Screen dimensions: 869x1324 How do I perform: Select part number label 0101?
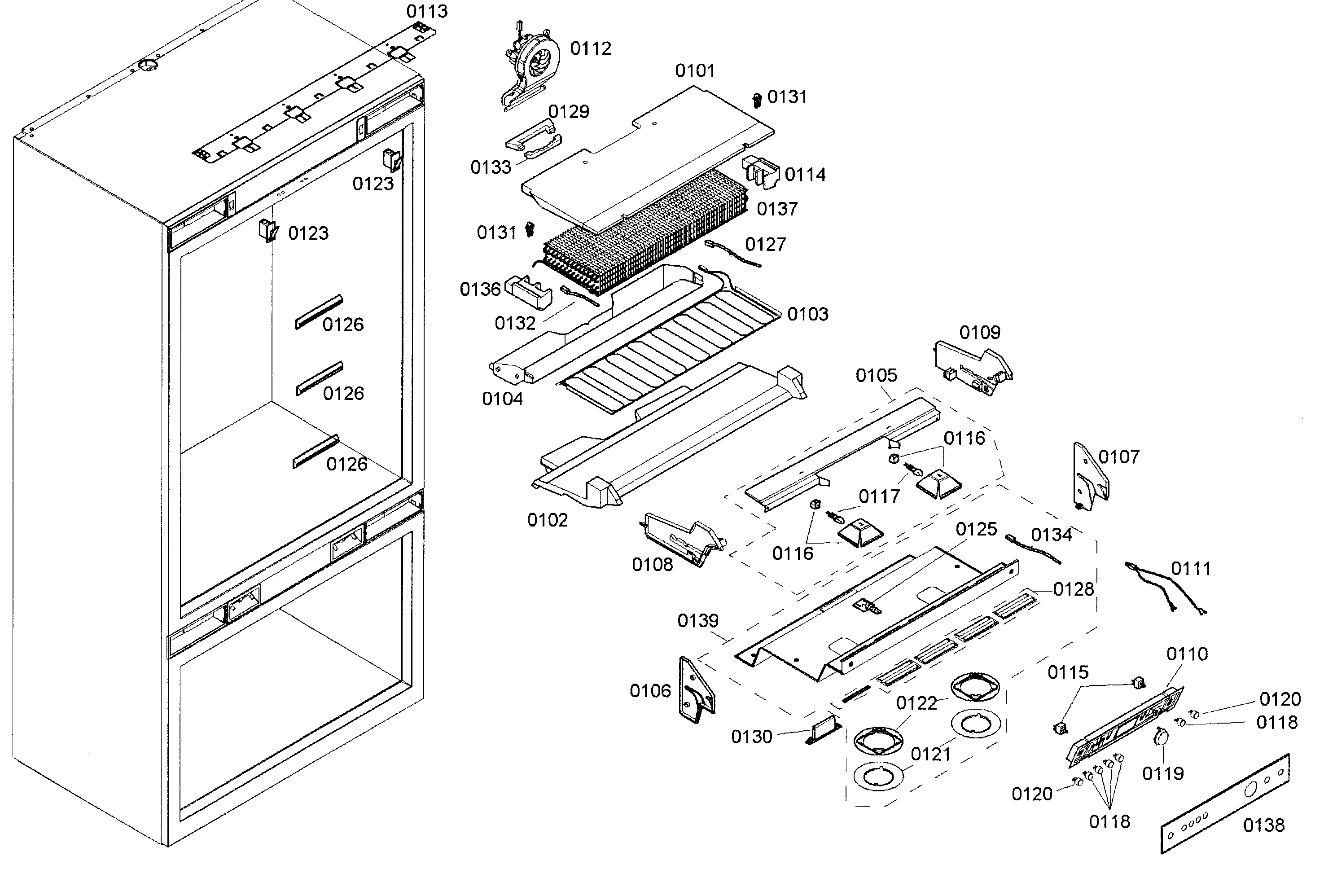695,70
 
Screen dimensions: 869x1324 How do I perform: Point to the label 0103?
808,314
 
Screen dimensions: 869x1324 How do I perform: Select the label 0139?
697,620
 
